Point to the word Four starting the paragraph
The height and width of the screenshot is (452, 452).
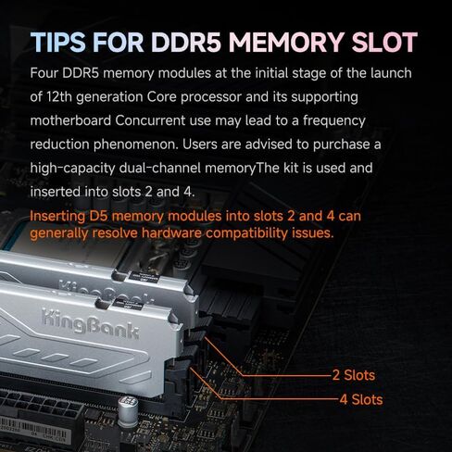[47, 72]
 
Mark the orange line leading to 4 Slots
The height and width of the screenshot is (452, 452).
[278, 399]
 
